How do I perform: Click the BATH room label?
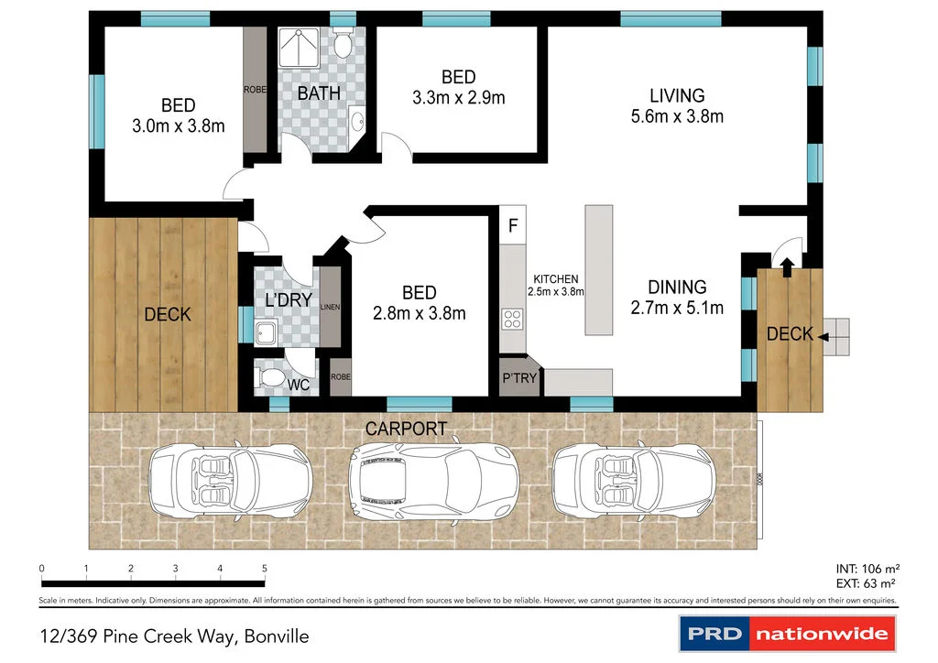click(x=319, y=92)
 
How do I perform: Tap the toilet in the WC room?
click(x=273, y=375)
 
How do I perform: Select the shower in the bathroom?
click(x=300, y=47)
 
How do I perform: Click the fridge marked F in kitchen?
click(x=514, y=225)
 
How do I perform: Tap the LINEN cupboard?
click(x=331, y=308)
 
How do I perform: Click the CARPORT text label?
click(x=406, y=429)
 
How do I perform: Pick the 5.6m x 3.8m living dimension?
click(x=677, y=116)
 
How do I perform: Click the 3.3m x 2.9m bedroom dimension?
click(x=458, y=98)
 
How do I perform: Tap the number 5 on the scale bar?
click(x=265, y=569)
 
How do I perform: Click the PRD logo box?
click(x=713, y=633)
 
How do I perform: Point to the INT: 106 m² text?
click(x=866, y=568)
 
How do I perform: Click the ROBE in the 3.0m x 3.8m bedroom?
click(x=254, y=90)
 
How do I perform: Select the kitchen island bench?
click(x=599, y=270)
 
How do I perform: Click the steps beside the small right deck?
click(x=836, y=336)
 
